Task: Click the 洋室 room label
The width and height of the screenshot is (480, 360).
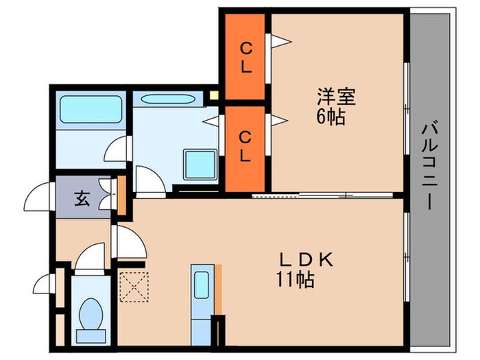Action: pos(336,97)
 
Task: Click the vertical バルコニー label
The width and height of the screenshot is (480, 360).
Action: pos(430,165)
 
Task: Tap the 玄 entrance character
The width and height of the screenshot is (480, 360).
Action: pos(82,200)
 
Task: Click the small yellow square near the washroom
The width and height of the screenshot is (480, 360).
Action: pos(214,96)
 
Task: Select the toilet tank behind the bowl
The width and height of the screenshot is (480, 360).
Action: pos(90,335)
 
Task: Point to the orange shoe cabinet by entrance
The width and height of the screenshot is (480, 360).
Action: pos(121,195)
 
